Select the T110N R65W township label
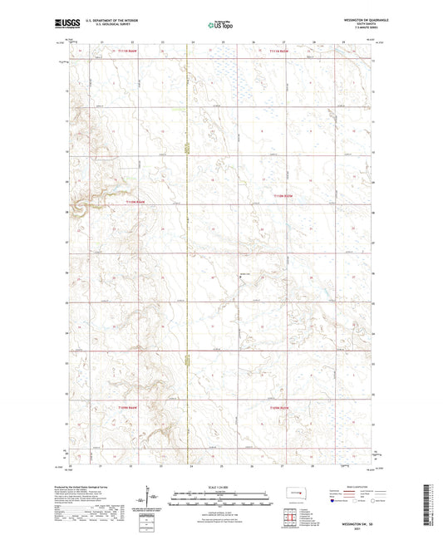(x=283, y=196)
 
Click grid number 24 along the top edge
(x=193, y=41)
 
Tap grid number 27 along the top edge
(x=283, y=41)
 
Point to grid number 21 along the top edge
(x=101, y=41)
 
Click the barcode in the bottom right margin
(x=435, y=505)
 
